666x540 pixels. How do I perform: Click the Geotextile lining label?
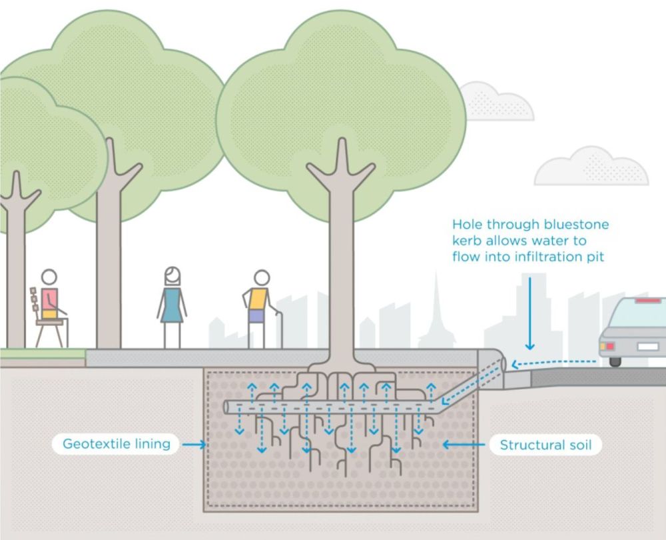[x=117, y=444]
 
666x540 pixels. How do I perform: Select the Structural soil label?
[x=546, y=445]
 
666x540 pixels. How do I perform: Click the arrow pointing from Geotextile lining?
[x=194, y=445]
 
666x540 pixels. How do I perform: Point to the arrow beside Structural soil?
[x=464, y=445]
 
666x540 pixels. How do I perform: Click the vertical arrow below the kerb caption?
[x=529, y=314]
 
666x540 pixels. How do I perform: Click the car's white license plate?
[x=648, y=346]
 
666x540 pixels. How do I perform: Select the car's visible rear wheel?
[x=615, y=362]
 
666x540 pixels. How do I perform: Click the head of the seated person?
[x=49, y=277]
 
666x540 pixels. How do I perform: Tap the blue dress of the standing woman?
[x=172, y=305]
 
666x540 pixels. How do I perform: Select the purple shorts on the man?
[x=256, y=316]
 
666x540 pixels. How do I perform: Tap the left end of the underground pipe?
[x=226, y=407]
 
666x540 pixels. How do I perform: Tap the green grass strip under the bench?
[x=43, y=353]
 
